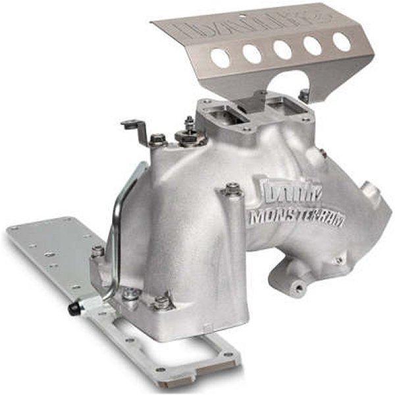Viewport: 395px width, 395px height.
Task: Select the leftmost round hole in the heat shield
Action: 221,59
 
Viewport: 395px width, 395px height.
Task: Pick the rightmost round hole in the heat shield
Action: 342,41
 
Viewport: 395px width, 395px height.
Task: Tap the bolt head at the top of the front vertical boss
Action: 232,190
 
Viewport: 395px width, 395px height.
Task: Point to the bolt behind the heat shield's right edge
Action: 303,95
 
